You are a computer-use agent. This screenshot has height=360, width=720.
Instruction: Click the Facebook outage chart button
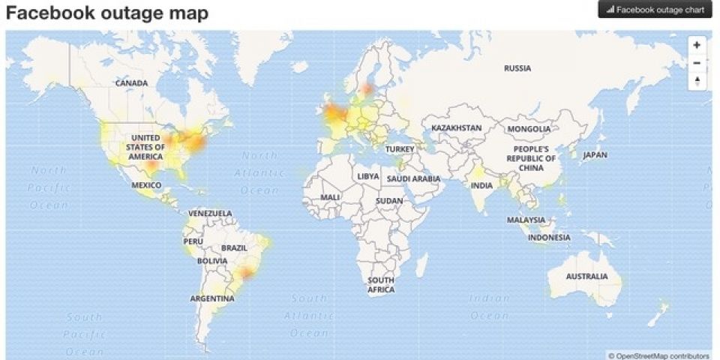coord(655,10)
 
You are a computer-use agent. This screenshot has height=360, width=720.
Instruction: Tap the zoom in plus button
coord(697,45)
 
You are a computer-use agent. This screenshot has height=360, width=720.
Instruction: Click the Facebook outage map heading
coord(107,13)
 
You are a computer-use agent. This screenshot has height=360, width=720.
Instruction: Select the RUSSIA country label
coord(517,68)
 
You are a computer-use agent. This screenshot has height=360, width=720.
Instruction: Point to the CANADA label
coord(131,83)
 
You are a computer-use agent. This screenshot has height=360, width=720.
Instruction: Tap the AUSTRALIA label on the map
coord(587,276)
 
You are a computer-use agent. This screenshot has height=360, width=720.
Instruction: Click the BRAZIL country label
coord(234,247)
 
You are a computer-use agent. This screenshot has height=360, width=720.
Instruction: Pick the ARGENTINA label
coord(212,298)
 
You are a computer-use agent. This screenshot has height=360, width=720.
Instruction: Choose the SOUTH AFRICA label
coord(381,285)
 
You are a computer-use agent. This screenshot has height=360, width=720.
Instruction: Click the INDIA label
coord(482,185)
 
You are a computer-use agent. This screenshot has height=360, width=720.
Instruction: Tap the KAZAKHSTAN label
coord(457,128)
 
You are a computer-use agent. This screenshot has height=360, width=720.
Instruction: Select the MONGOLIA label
coord(529,129)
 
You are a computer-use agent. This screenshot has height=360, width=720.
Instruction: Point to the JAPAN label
coord(595,155)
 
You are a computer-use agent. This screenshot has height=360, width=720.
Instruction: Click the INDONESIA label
coord(549,238)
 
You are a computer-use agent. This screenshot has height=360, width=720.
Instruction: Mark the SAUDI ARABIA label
coord(413,179)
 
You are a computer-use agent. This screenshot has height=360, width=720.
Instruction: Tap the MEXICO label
coord(146,184)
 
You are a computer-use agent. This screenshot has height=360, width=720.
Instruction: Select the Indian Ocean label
coord(490,307)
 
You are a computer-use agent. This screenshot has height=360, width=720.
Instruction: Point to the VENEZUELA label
coord(210,214)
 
